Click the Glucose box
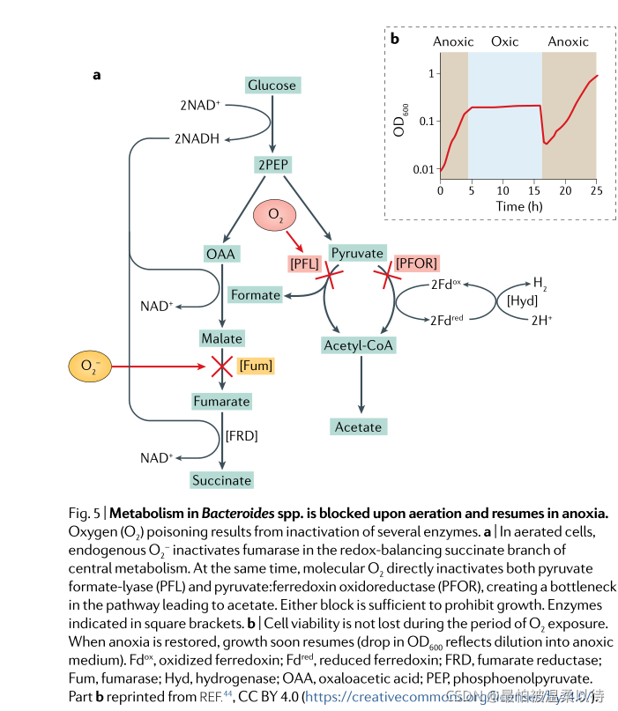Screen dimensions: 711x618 [x=272, y=85]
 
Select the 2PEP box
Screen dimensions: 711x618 [x=272, y=165]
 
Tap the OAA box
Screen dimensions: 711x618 [x=221, y=255]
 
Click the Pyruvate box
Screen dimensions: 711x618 [x=358, y=253]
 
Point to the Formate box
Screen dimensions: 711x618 [x=256, y=294]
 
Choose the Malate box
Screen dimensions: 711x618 [x=221, y=338]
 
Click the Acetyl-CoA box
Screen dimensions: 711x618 [x=358, y=344]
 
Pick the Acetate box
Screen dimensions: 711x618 [x=358, y=427]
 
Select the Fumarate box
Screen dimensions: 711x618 [x=221, y=402]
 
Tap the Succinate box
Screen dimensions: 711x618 [x=221, y=480]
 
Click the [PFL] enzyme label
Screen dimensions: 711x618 [x=304, y=263]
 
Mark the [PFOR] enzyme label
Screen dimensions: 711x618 [x=416, y=263]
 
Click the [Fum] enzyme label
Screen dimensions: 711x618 [x=255, y=365]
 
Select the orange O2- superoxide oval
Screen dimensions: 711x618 [x=89, y=366]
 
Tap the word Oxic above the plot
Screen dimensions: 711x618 [x=504, y=41]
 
